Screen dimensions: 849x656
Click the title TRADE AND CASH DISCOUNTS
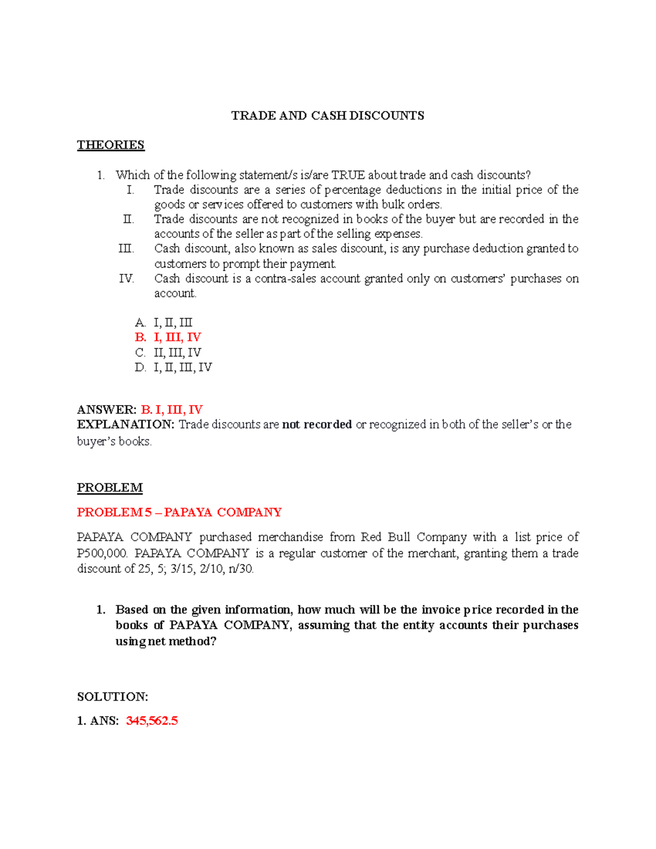pos(327,115)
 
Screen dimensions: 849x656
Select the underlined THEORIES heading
pos(110,145)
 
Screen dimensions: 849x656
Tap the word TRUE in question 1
pos(348,175)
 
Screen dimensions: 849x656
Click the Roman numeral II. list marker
pos(128,219)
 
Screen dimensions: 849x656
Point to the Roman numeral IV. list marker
pos(126,279)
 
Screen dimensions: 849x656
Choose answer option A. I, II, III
pos(163,323)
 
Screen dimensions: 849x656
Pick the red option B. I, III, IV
pos(168,337)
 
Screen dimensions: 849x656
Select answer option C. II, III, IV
pos(168,353)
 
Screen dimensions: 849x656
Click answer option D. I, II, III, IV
pos(173,367)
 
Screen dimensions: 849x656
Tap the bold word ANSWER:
pos(107,409)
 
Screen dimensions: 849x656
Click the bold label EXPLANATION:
pos(126,424)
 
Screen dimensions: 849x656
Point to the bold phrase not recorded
pos(317,424)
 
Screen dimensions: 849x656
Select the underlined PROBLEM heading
pos(110,488)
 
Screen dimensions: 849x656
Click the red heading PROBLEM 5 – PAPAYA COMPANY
pos(179,512)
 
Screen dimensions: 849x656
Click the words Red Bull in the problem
pos(385,537)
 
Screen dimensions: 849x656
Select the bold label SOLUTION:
pos(113,696)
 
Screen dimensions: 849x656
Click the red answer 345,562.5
pos(152,721)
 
